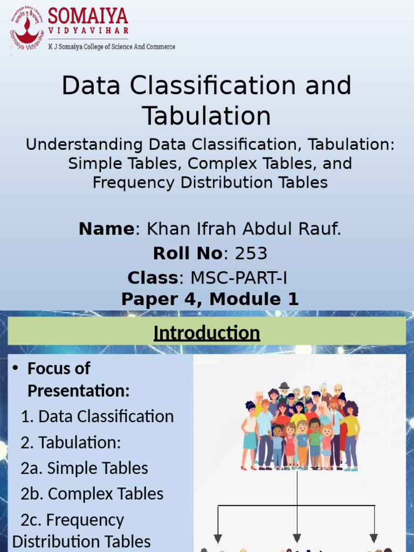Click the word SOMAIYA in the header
click(x=88, y=16)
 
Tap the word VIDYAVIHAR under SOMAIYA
click(x=88, y=31)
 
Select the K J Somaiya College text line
click(x=112, y=47)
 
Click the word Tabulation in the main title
click(x=206, y=116)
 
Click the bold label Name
click(x=106, y=229)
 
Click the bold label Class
click(x=153, y=278)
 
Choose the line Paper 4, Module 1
click(x=210, y=299)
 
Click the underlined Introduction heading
click(x=206, y=333)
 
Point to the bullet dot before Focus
click(x=16, y=368)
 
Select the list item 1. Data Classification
click(x=97, y=416)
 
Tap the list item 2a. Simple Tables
click(x=84, y=468)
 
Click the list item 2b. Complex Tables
click(x=92, y=494)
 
